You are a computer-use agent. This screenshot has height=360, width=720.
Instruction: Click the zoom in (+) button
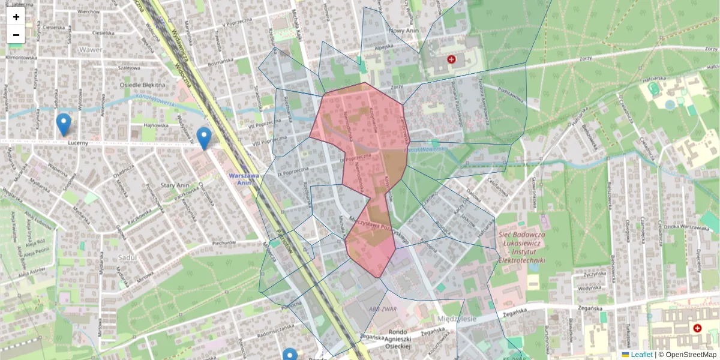point(16,17)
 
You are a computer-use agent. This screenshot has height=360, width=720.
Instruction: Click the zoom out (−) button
point(16,35)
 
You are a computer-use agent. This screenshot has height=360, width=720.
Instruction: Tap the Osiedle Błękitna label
point(142,85)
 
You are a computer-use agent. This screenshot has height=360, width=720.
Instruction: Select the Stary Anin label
point(176,186)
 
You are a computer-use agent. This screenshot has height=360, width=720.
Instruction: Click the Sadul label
point(128,257)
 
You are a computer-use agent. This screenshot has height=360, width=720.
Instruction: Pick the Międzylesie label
point(457,319)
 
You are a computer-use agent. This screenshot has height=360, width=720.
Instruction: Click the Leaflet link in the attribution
point(641,355)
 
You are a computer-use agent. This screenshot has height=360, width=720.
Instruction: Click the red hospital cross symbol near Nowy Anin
point(451,59)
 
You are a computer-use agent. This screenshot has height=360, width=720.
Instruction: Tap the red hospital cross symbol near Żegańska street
point(697,328)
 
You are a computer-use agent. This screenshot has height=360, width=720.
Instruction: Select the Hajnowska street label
point(155,125)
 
